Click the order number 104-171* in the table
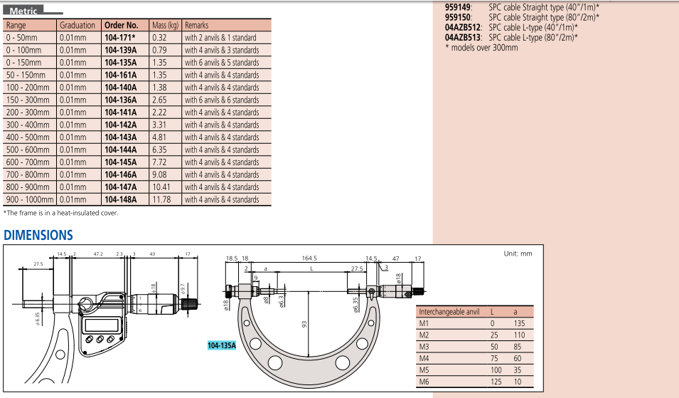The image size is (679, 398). tap(120, 38)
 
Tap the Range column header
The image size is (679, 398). tap(16, 26)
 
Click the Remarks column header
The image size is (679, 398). tap(197, 26)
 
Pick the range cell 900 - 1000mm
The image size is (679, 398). tap(29, 199)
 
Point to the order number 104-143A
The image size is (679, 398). tap(121, 137)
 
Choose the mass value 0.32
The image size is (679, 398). tap(159, 38)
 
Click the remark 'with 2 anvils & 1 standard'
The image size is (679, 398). tap(221, 38)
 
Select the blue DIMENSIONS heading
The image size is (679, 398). tap(38, 235)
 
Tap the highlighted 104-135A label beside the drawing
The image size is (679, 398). tap(221, 345)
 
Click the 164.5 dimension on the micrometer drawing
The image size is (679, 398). tap(309, 258)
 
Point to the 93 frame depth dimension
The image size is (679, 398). tap(304, 324)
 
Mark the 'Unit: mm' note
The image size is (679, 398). tap(518, 253)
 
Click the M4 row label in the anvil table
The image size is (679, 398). tap(424, 359)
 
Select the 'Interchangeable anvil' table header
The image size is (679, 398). tap(449, 312)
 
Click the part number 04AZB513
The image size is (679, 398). tap(464, 37)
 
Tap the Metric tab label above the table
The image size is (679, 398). tap(23, 11)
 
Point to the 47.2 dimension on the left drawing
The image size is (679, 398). tap(98, 253)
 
